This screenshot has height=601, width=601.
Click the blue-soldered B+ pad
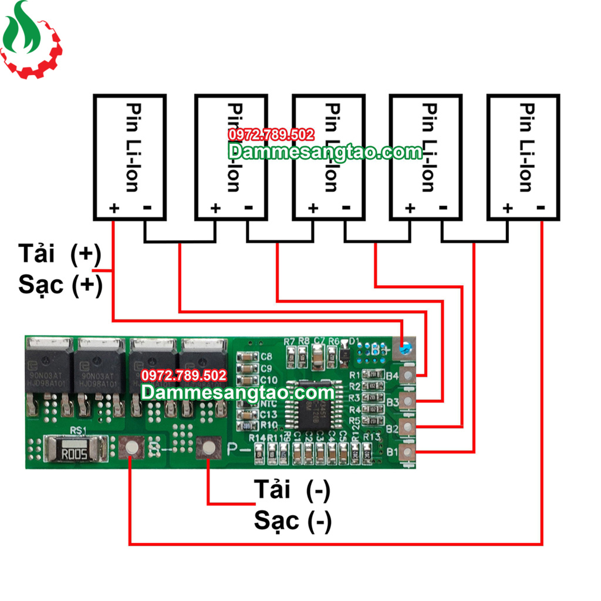coord(404,350)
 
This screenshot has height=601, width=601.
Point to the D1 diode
coord(345,354)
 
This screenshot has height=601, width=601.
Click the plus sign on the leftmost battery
coord(114,208)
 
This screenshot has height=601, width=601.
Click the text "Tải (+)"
coord(60,255)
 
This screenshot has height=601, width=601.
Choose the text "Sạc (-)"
coord(292,520)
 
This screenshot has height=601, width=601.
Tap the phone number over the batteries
coord(271,135)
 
